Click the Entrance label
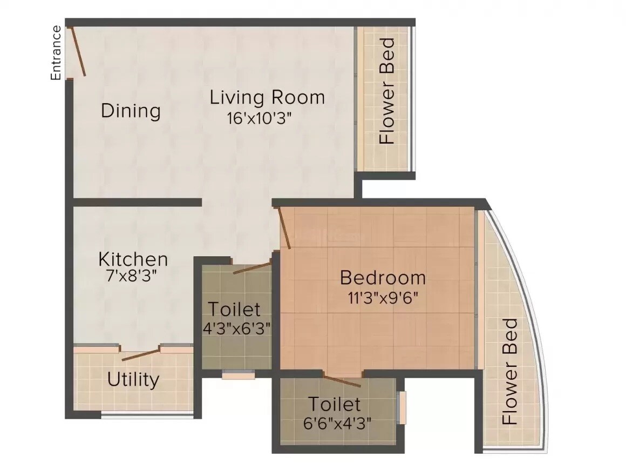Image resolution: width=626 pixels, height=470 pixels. (x=55, y=52)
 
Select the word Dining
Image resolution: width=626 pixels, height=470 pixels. (x=131, y=111)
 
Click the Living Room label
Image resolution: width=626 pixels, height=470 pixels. (x=267, y=98)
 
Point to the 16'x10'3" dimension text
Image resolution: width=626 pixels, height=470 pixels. (x=260, y=118)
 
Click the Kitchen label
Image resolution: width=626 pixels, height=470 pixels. (x=133, y=259)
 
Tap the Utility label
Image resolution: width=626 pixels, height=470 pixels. (x=133, y=380)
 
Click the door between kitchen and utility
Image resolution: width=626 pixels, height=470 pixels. (x=141, y=355)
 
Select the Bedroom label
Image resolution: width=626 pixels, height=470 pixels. (x=383, y=278)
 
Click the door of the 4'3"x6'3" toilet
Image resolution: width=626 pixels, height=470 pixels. (x=252, y=267)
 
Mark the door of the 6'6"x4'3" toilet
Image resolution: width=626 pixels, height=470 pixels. (x=342, y=379)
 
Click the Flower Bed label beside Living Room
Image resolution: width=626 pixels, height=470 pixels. (x=387, y=91)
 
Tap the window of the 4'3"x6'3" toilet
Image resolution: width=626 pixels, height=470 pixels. (x=238, y=374)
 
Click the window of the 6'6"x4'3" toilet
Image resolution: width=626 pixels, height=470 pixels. (x=401, y=408)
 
